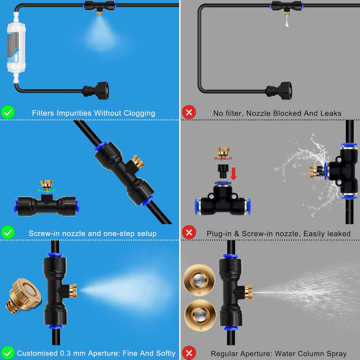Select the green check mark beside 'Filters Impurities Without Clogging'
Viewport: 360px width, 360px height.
[8, 113]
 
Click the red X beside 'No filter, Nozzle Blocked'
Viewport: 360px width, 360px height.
[189, 113]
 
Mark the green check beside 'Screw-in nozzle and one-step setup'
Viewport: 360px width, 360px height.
[8, 233]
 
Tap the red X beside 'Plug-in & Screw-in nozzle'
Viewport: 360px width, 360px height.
[189, 233]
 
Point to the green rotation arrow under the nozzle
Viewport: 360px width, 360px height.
[47, 190]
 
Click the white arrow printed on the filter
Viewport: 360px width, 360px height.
[17, 57]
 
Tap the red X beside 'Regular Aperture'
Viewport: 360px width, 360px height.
[189, 353]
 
